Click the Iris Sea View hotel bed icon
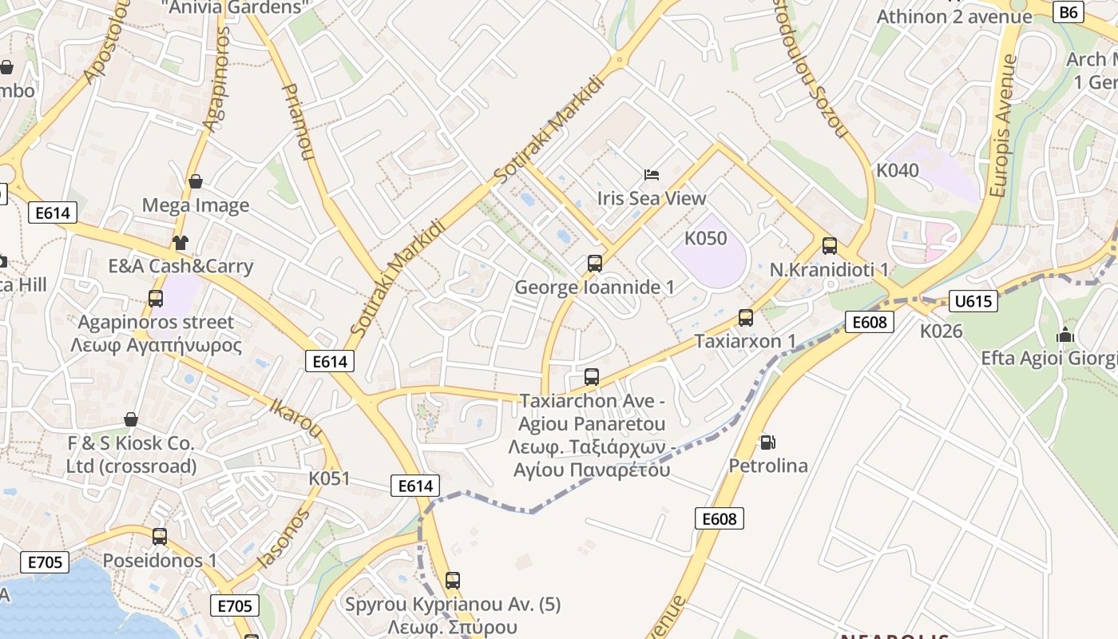pos(652,174)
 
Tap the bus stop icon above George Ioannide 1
pos(594,263)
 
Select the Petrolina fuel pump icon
pos(767,442)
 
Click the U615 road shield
pos(973,301)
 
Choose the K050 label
pos(706,238)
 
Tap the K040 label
pos(898,170)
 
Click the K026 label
pos(941,331)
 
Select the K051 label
pos(329,478)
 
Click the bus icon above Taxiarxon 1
pos(745,317)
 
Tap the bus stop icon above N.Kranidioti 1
pos(829,246)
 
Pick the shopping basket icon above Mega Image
pos(196,181)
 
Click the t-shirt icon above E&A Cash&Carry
pos(180,242)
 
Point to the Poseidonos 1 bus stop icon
pos(160,536)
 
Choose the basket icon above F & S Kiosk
pos(131,419)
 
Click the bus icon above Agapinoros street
pos(156,299)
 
